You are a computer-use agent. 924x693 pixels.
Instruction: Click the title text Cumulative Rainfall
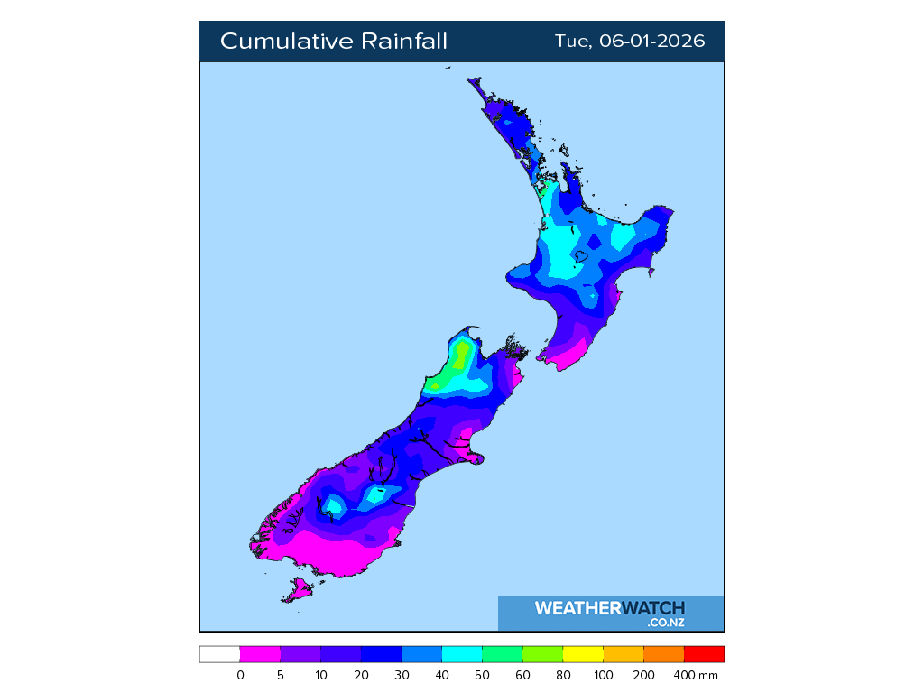click(x=333, y=42)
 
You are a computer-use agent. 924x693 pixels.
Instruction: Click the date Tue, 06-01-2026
click(x=629, y=42)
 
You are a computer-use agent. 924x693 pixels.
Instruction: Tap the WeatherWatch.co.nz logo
click(x=610, y=614)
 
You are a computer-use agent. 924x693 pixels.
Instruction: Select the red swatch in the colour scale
click(x=704, y=654)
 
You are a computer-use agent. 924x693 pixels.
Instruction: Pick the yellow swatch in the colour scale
click(x=583, y=654)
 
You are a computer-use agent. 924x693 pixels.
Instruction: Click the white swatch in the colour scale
click(x=219, y=654)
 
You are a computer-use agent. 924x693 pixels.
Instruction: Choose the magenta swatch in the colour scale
click(x=260, y=654)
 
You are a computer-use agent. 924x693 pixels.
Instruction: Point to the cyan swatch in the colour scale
click(x=462, y=654)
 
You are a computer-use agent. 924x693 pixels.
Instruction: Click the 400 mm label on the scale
click(x=695, y=675)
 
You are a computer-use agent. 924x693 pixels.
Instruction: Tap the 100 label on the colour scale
click(x=604, y=675)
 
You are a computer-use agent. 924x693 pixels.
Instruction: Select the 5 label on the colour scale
click(x=281, y=675)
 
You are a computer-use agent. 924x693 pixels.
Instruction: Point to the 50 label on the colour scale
click(x=483, y=675)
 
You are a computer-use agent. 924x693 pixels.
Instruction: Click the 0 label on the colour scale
click(x=240, y=675)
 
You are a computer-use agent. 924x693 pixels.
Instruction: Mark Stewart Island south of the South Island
click(x=298, y=591)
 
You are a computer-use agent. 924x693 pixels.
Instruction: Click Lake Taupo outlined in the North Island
click(x=582, y=257)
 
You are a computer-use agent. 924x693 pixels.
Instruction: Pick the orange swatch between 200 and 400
click(x=664, y=654)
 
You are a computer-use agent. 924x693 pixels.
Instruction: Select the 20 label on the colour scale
click(x=361, y=675)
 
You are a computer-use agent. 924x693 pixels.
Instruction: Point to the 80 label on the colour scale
click(x=563, y=675)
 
